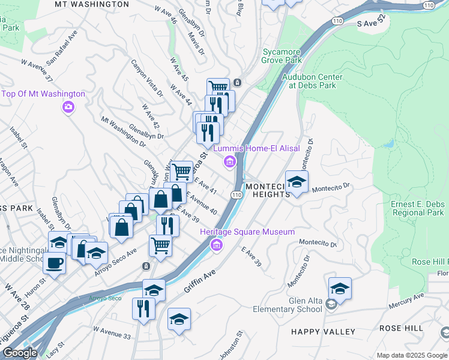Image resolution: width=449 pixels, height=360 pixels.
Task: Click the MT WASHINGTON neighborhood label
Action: pyautogui.click(x=91, y=4)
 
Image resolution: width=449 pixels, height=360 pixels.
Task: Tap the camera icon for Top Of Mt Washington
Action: pyautogui.click(x=68, y=107)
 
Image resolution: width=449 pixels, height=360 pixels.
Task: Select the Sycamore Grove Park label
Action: pyautogui.click(x=282, y=56)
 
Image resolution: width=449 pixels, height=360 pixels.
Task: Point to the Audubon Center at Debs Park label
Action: pyautogui.click(x=315, y=81)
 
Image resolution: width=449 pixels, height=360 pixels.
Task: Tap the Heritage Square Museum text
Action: pyautogui.click(x=247, y=232)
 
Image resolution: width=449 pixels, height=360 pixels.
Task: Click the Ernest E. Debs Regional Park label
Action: pyautogui.click(x=419, y=208)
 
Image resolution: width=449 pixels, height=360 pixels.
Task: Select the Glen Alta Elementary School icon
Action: pyautogui.click(x=331, y=306)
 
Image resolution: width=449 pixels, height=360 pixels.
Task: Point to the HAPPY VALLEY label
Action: pyautogui.click(x=323, y=331)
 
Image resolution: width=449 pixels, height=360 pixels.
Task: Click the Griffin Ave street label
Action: pyautogui.click(x=199, y=282)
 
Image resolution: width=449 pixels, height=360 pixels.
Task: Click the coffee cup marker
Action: pyautogui.click(x=55, y=263)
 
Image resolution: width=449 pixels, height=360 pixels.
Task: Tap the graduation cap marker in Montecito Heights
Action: pyautogui.click(x=296, y=181)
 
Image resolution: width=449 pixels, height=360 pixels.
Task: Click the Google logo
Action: pyautogui.click(x=20, y=353)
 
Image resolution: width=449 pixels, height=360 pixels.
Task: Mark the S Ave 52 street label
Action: pyautogui.click(x=374, y=24)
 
